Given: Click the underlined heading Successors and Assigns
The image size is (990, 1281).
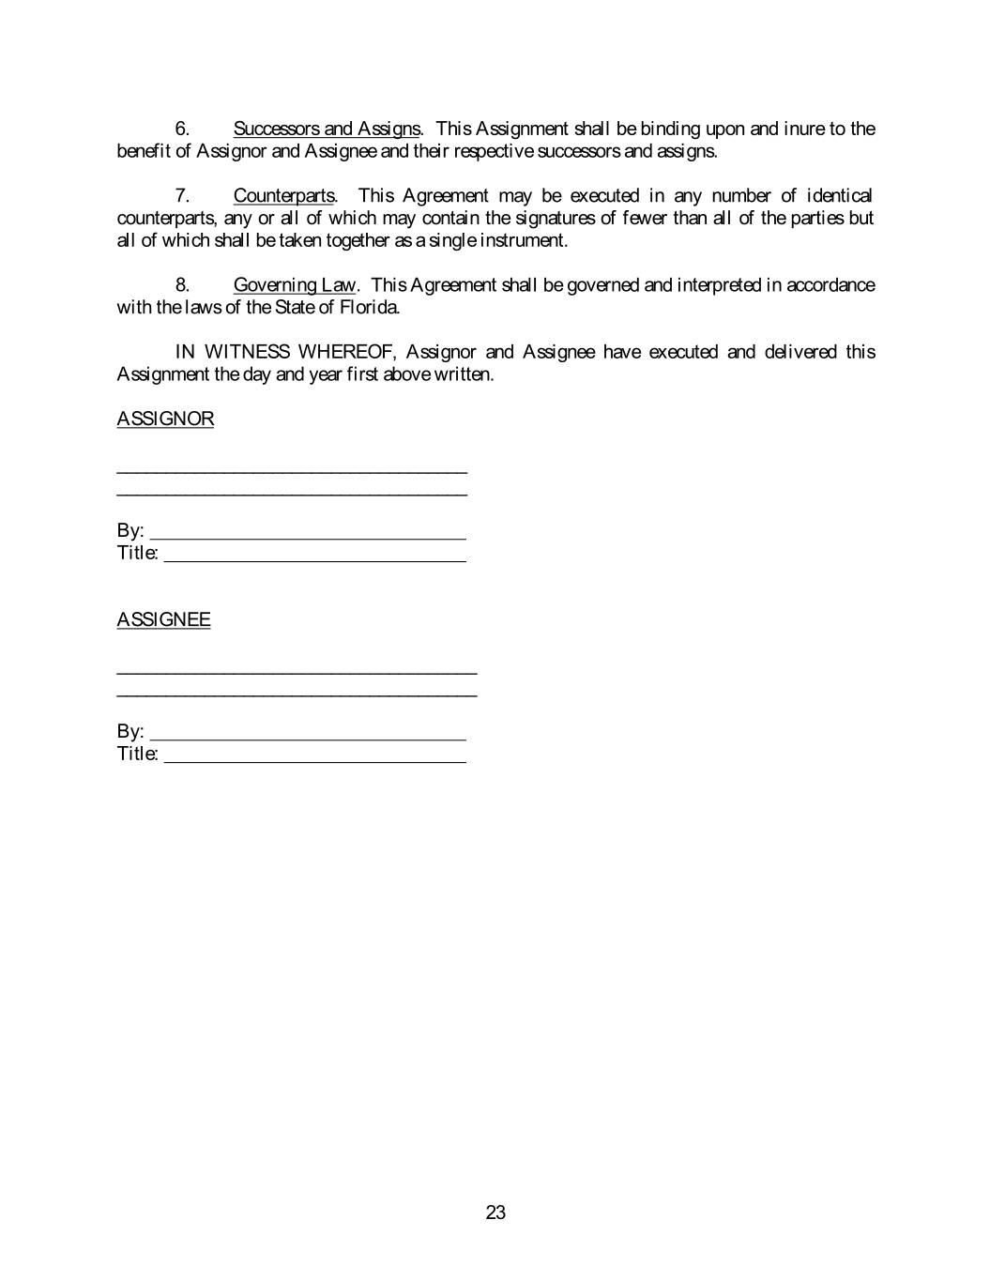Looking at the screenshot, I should point(326,129).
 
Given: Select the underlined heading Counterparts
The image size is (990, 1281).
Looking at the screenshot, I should point(283,196).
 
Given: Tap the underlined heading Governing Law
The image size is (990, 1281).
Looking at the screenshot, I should point(295,285).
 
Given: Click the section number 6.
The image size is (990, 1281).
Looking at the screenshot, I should point(183,129).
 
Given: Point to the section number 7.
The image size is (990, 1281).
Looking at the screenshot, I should point(183,196).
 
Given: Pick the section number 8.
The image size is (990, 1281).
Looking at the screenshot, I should point(183,285).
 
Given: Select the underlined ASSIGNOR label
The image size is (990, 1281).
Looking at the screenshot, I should point(165,419).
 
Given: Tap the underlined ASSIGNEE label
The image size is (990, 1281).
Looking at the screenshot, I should point(163,620).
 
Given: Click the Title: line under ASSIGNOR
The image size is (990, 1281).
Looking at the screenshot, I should point(314,555).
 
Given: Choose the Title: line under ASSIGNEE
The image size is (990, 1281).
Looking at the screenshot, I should point(314,755).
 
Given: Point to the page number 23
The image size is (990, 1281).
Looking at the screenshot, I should point(495,1212).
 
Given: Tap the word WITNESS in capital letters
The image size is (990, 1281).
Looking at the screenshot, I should point(247,352).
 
